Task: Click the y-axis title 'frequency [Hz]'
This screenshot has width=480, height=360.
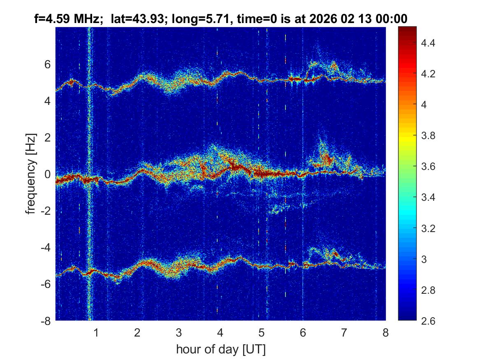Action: tap(31, 173)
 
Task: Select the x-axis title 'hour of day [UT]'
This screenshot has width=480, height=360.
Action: tap(220, 350)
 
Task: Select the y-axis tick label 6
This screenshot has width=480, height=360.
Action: tap(48, 64)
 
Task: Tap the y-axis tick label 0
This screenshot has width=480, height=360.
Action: tap(48, 174)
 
